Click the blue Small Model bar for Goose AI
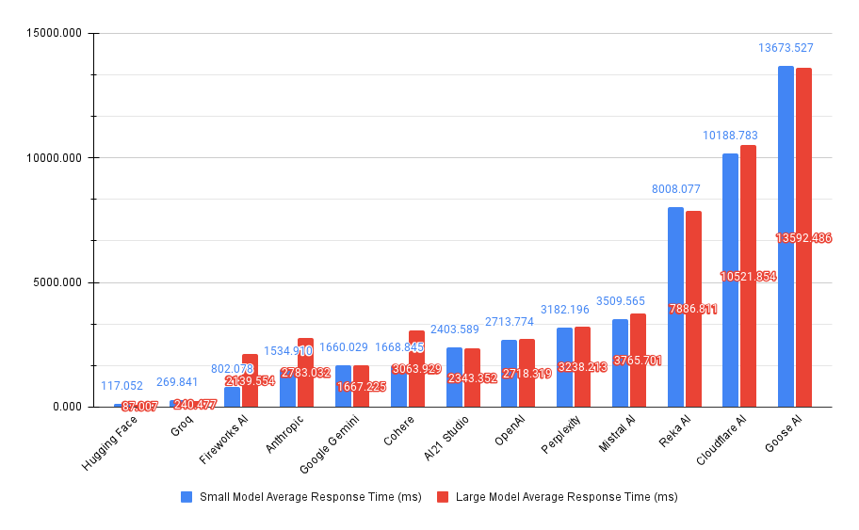click(786, 235)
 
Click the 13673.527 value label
click(786, 47)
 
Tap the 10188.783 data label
click(730, 136)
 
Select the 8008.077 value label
click(675, 189)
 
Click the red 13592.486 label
click(803, 238)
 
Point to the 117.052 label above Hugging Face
click(122, 386)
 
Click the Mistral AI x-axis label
click(617, 435)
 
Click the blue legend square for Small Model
click(187, 496)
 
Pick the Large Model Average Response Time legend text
click(566, 496)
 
